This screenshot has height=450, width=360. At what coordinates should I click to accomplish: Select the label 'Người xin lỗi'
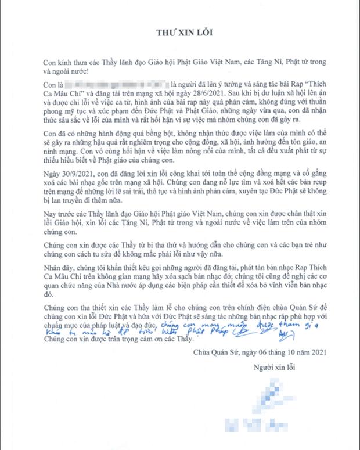tap(276, 367)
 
